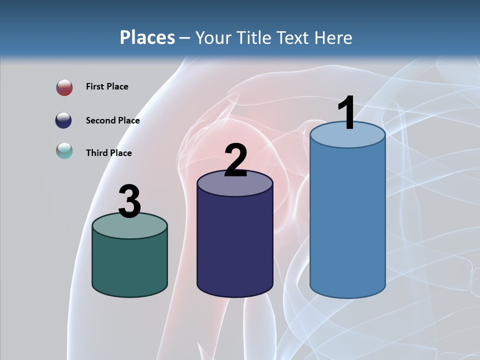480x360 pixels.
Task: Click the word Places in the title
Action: coord(147,37)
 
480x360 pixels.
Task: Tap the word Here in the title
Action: coord(334,37)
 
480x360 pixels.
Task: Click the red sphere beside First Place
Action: coord(64,87)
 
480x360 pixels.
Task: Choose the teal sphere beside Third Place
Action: coord(64,150)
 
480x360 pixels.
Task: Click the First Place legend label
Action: coord(107,86)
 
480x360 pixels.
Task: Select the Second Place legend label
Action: coord(112,120)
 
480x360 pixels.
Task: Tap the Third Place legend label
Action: coord(108,153)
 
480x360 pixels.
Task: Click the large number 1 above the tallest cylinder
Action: coord(346,113)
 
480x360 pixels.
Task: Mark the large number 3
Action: coord(129,201)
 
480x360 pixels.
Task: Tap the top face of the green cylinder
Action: coord(129,226)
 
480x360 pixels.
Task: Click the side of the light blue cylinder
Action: coord(347,220)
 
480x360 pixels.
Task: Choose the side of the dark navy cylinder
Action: coord(235,245)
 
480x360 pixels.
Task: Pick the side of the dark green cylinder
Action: coord(129,265)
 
